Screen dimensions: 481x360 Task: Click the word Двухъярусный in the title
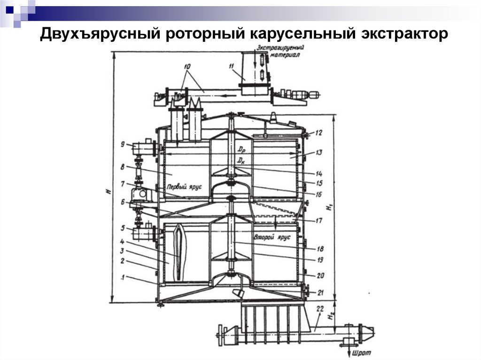tap(98, 35)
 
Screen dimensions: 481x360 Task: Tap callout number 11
tap(231, 67)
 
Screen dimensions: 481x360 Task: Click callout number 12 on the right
tap(319, 132)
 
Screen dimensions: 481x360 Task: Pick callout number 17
tap(319, 219)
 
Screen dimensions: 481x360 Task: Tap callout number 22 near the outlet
tap(320, 308)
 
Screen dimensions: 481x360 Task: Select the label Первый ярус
tap(188, 186)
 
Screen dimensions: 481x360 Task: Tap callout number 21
tap(320, 292)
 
